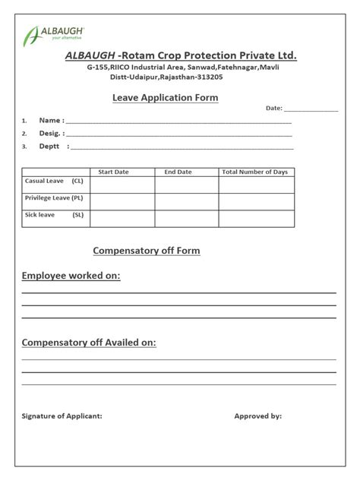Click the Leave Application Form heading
(x=165, y=98)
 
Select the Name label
(x=51, y=120)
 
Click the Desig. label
(x=51, y=133)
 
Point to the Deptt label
(x=49, y=146)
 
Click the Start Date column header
(x=114, y=172)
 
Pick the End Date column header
(x=178, y=172)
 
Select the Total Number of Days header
(x=255, y=172)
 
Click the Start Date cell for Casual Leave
(x=122, y=185)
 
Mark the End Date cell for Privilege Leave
(x=187, y=201)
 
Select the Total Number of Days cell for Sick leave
(x=256, y=219)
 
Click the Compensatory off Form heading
(x=147, y=251)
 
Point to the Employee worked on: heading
(x=71, y=276)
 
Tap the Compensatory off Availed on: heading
(x=89, y=343)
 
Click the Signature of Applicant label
(x=62, y=416)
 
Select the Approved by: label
(x=257, y=416)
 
